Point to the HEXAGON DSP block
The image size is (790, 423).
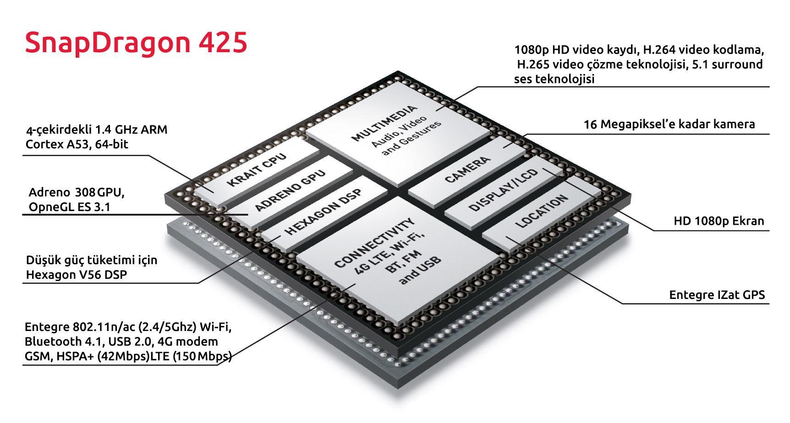(324, 212)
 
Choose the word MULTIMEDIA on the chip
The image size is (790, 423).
(385, 123)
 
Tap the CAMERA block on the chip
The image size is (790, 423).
(467, 170)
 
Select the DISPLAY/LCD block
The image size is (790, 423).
(503, 190)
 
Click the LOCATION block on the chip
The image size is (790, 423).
(541, 211)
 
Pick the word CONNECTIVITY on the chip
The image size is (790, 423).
(374, 243)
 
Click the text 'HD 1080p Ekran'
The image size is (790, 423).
(719, 221)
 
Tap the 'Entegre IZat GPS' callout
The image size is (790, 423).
(717, 294)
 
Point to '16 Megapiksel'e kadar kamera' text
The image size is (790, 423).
(669, 124)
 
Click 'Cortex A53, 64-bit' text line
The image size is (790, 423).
(77, 144)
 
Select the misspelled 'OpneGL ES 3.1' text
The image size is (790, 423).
(69, 207)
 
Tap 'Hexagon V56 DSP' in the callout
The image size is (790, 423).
(76, 275)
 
